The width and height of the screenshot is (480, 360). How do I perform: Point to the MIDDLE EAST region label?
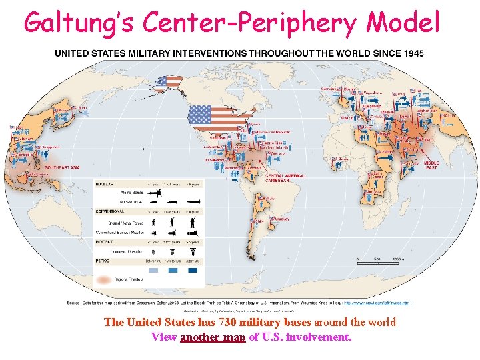[x=431, y=164]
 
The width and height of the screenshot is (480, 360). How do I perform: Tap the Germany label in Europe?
[x=329, y=89]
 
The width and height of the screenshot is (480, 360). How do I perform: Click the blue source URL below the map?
[x=376, y=303]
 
